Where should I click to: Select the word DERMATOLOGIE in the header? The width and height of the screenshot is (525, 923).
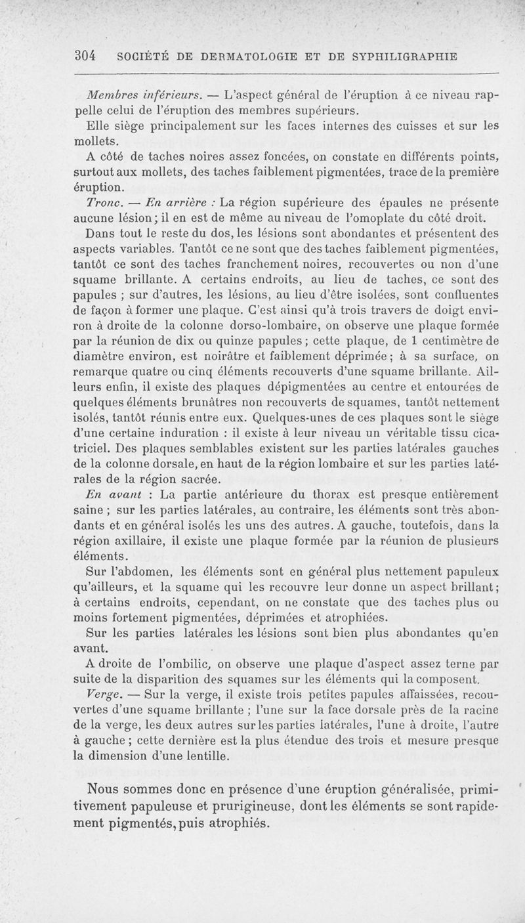(216, 56)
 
